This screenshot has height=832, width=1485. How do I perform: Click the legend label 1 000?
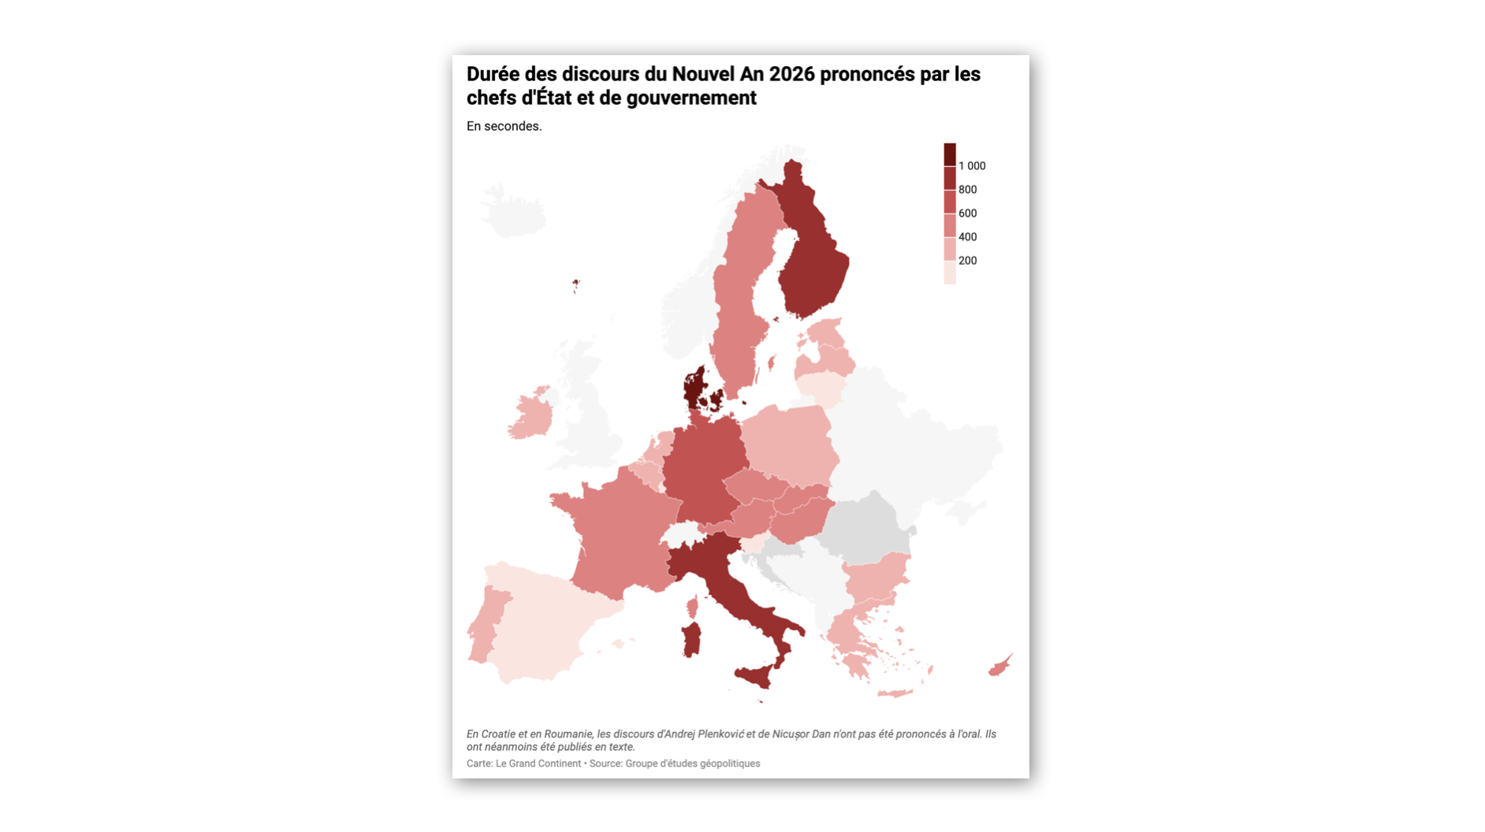pos(971,166)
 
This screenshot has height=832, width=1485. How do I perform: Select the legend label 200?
pos(967,261)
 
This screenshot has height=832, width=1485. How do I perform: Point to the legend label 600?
pos(967,214)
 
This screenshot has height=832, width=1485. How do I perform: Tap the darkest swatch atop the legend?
pos(950,154)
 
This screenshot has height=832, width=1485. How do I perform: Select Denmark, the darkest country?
pos(695,388)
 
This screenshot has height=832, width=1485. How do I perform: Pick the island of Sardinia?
pos(691,639)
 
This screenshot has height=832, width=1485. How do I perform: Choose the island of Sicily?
pos(755,675)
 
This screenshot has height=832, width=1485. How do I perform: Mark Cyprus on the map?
pos(999,667)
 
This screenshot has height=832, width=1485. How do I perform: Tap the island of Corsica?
pos(692,607)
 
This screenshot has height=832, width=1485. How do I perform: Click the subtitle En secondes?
pos(504,126)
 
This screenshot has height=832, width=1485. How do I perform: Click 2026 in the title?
pos(792,74)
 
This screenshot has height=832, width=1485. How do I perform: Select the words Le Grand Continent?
pos(538,763)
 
